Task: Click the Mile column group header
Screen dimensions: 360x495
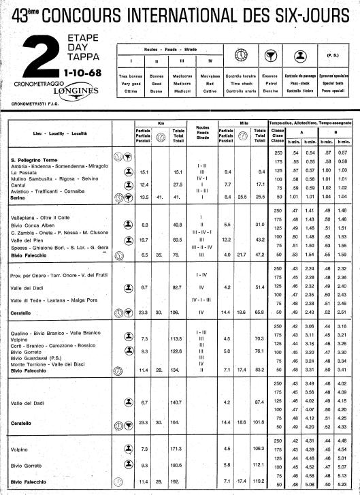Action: coord(241,123)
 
